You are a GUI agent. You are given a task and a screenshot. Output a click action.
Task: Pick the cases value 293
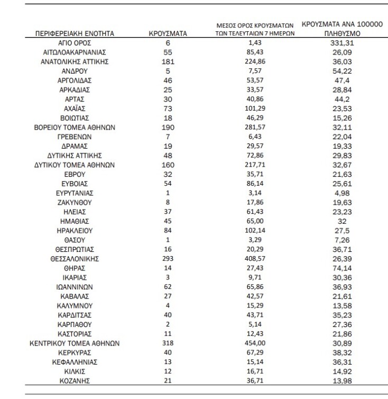pos(167,259)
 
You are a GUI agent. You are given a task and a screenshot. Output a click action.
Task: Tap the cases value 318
pos(167,343)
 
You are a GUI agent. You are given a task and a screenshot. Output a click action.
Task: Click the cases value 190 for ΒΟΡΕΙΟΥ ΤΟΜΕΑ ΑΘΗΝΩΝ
pos(167,128)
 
